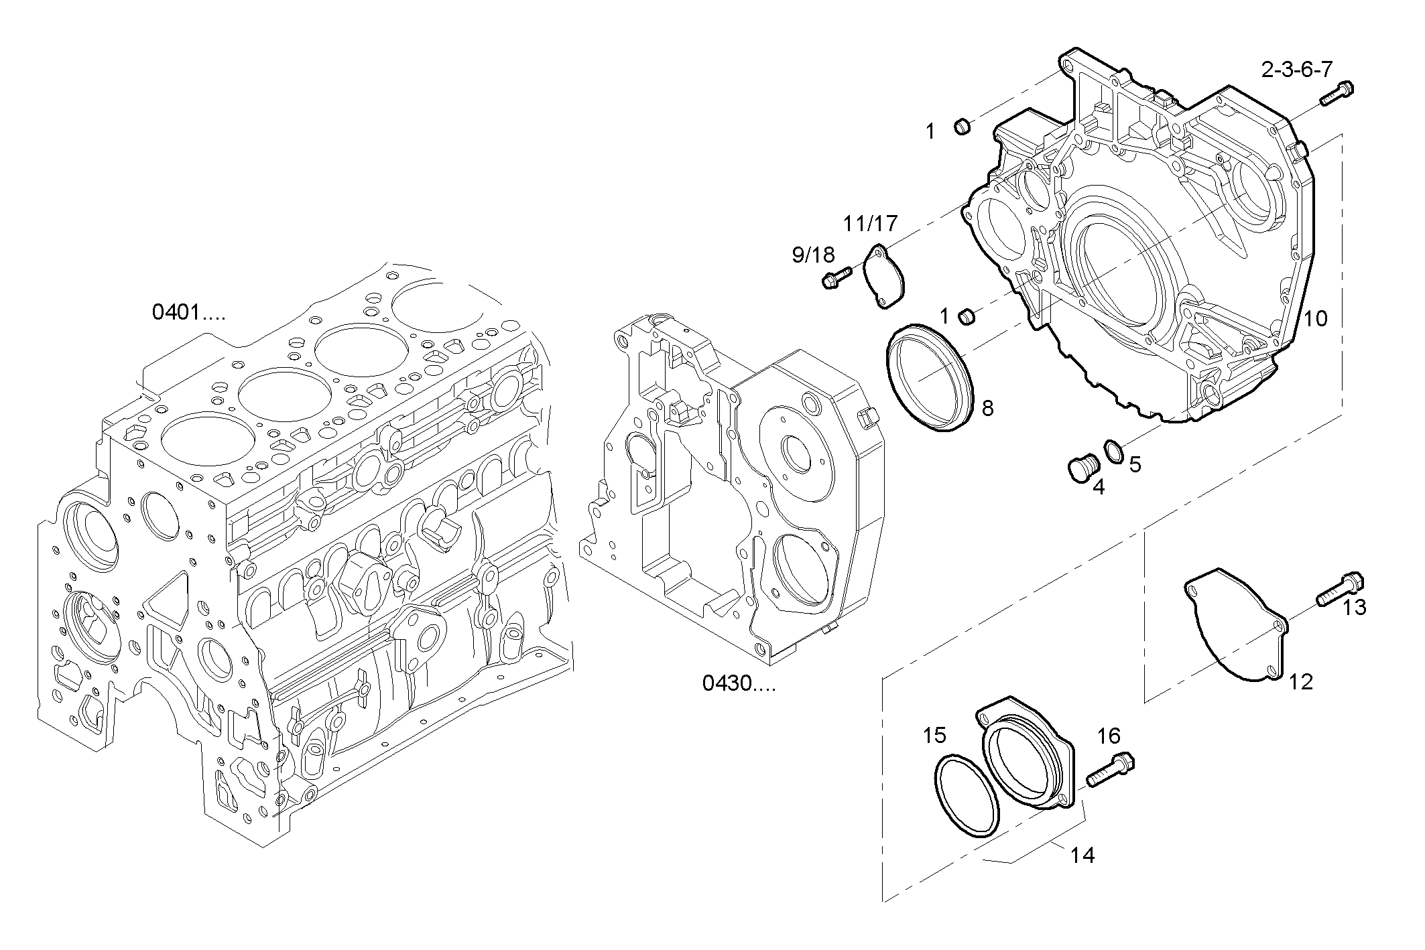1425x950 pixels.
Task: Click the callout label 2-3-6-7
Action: (1296, 70)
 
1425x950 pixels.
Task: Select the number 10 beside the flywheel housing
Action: (1315, 318)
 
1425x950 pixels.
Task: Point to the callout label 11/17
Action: (869, 223)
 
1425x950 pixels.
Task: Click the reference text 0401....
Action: (188, 312)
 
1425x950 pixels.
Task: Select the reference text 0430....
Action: (739, 683)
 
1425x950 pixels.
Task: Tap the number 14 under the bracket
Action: (1082, 856)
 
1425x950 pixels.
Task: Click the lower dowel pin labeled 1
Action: (966, 315)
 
